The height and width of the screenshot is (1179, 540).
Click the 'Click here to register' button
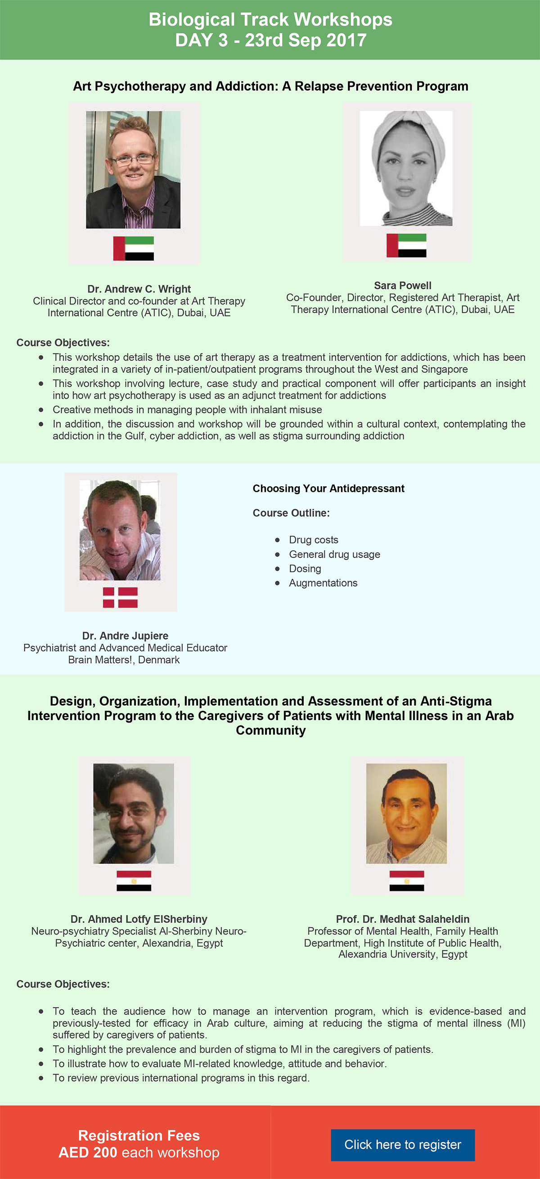[x=403, y=1145]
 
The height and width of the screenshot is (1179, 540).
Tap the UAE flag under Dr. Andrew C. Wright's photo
[x=134, y=248]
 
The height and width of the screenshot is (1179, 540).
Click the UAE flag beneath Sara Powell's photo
[x=406, y=245]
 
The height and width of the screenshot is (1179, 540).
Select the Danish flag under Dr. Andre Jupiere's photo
[x=120, y=597]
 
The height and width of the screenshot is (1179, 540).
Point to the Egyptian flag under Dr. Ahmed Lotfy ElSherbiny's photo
[x=134, y=881]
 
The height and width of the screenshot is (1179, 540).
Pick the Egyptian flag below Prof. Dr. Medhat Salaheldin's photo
[x=406, y=881]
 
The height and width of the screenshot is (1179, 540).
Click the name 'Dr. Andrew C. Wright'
[x=139, y=289]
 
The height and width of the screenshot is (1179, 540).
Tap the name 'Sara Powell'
[x=403, y=285]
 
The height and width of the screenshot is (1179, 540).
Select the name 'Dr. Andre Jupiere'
[x=125, y=636]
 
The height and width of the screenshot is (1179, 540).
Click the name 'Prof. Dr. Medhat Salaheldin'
[x=403, y=919]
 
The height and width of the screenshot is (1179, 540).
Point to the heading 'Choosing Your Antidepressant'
[x=328, y=488]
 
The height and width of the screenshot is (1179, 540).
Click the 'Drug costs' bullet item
[x=314, y=540]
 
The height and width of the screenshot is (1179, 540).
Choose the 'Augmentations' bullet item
[x=323, y=583]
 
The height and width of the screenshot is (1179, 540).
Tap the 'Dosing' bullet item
[x=305, y=569]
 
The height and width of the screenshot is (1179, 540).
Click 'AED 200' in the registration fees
[x=88, y=1152]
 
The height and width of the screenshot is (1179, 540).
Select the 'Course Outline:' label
[x=291, y=513]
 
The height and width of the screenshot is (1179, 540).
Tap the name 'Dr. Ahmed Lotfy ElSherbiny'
[x=139, y=919]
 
